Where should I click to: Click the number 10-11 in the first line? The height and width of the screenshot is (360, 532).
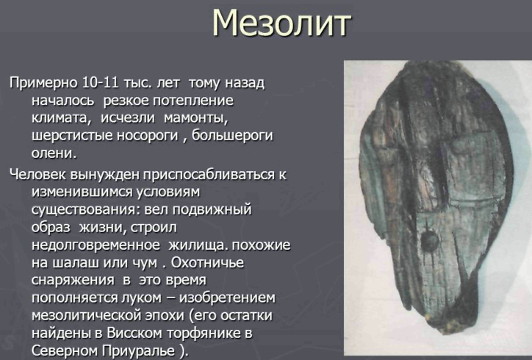click(x=101, y=83)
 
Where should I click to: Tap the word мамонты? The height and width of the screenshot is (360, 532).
click(x=195, y=118)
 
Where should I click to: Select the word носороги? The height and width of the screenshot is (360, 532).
click(x=147, y=136)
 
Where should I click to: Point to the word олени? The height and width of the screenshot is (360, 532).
click(x=54, y=154)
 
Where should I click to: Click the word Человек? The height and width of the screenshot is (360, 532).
click(x=38, y=175)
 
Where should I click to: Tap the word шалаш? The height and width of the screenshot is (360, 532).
click(x=76, y=262)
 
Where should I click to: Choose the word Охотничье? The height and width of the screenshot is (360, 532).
click(x=207, y=262)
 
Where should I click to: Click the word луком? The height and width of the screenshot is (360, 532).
click(x=141, y=298)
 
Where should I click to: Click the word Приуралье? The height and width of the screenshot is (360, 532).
click(x=140, y=351)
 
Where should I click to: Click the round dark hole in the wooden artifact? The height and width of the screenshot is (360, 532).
click(x=431, y=242)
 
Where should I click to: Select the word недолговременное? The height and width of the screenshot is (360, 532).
click(x=96, y=245)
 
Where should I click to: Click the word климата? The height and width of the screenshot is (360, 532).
click(x=62, y=118)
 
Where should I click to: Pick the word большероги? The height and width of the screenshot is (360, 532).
click(x=233, y=136)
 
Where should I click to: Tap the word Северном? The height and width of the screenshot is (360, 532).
click(x=65, y=351)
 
